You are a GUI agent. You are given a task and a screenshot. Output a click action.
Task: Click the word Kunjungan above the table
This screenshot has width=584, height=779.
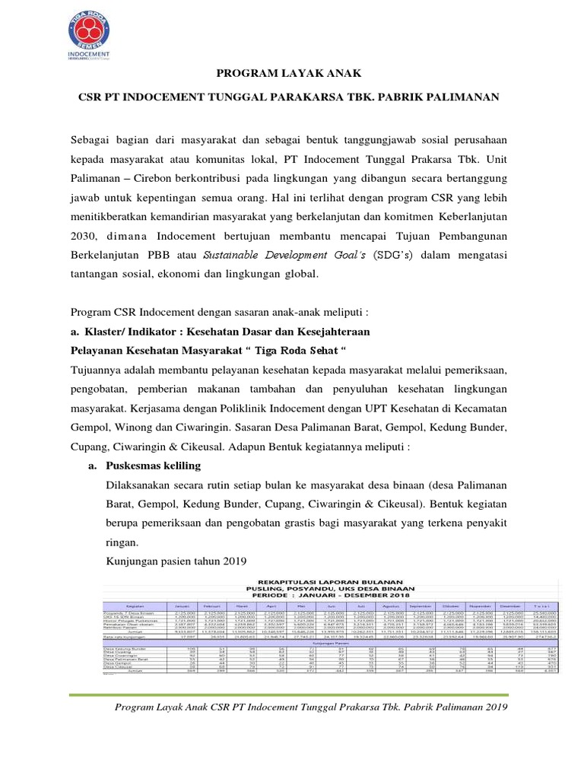coord(133,562)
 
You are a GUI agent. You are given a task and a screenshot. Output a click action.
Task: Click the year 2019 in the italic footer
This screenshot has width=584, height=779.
coord(493,707)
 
